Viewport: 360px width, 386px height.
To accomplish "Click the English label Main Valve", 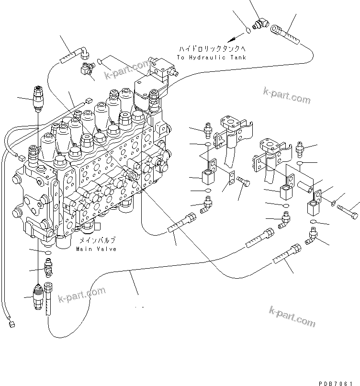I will (96, 249).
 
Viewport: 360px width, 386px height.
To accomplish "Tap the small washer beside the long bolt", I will (333, 204).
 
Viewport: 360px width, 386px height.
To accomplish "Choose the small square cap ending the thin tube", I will (11, 324).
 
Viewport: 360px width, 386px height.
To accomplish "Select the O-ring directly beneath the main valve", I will (48, 252).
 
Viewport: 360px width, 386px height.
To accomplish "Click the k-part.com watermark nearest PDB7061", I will (292, 316).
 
